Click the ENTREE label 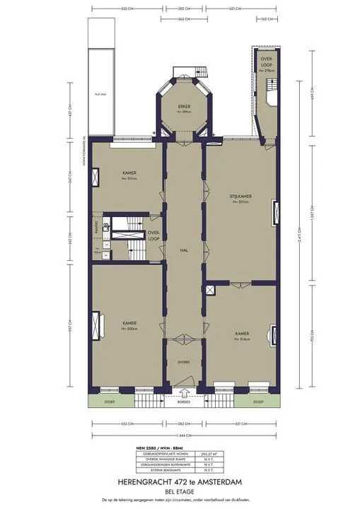click(x=183, y=362)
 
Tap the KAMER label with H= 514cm click(x=242, y=332)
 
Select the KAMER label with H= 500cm click(x=128, y=323)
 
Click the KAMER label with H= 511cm click(x=129, y=172)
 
